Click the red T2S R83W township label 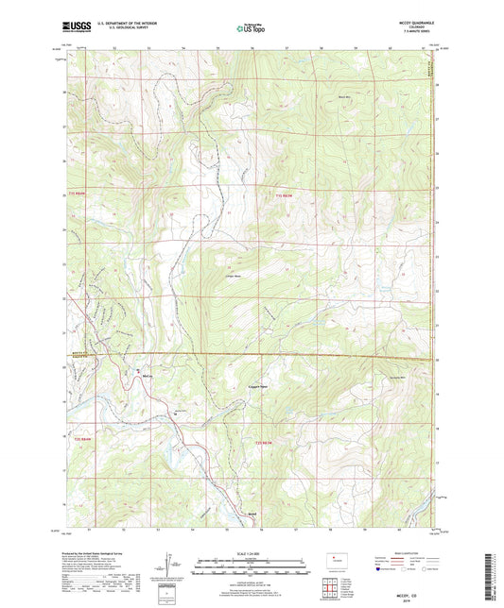pyautogui.click(x=265, y=442)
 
